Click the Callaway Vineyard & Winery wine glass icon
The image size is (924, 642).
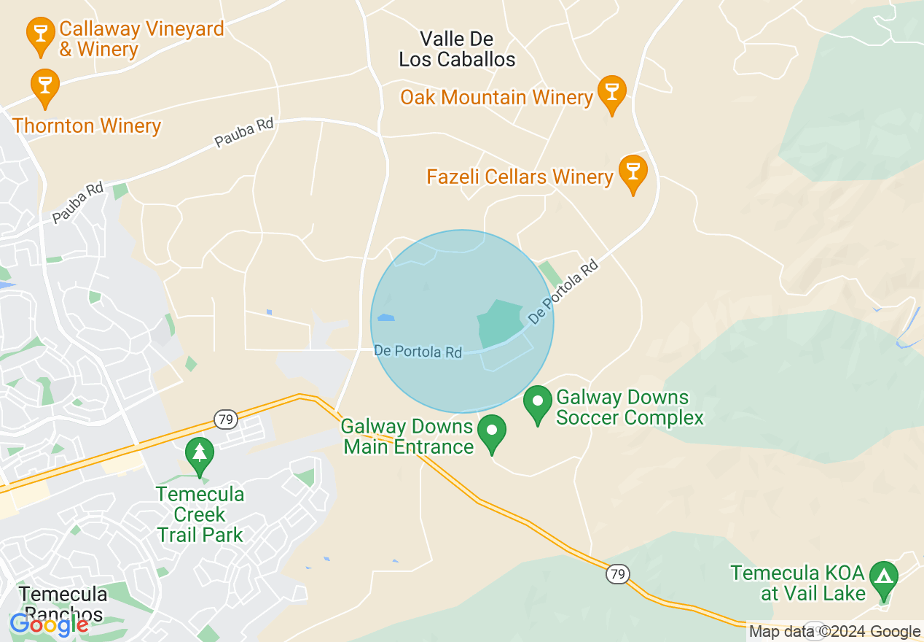[x=40, y=33]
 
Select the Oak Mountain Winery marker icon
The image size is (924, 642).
[x=611, y=92]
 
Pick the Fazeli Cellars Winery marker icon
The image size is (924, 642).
[x=633, y=171]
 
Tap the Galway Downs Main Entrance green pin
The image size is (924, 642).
[x=492, y=430]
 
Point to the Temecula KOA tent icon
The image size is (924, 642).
[x=884, y=578]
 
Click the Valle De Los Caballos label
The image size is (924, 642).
[x=457, y=49]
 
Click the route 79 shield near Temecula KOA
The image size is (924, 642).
[x=617, y=573]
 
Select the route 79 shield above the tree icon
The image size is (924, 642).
[x=225, y=419]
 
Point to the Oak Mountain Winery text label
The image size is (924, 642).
[x=496, y=97]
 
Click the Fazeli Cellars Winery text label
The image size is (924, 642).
[x=520, y=177]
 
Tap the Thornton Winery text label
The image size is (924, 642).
[x=87, y=125]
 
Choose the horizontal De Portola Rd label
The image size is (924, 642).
[x=418, y=351]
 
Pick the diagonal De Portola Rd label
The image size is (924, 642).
[x=563, y=292]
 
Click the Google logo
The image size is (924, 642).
[x=50, y=624]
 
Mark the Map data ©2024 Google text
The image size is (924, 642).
[x=835, y=632]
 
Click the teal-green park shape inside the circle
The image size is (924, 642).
[x=498, y=322]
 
